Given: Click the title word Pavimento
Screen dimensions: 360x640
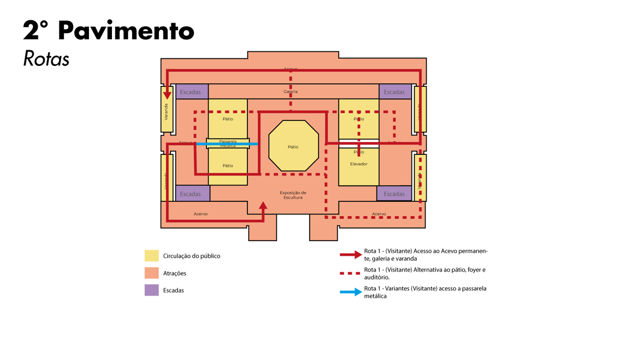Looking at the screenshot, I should point(125,31).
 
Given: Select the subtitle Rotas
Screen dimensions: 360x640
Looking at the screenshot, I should point(46,59).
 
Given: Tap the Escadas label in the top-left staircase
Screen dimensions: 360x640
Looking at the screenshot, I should point(190,92).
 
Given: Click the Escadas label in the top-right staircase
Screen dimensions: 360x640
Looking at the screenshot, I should point(394,92).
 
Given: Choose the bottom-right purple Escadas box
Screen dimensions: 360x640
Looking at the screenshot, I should point(394,194).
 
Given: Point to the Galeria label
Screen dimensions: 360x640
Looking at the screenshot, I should point(291,92).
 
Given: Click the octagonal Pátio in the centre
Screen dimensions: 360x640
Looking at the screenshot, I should point(293,147).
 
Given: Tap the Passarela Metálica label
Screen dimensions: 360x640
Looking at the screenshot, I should point(228,143).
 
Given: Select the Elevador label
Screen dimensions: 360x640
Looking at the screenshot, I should point(359,164).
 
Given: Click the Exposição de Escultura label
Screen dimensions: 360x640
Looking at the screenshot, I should point(293,195).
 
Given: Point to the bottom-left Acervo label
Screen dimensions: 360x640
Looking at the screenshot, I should point(201,214).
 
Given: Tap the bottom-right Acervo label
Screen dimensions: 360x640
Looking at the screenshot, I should point(379,214).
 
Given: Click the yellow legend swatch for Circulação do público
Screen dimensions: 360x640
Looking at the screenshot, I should point(152,256).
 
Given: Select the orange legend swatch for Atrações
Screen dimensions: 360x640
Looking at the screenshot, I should point(152,273).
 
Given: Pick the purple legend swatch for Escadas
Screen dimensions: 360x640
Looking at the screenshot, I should point(152,290).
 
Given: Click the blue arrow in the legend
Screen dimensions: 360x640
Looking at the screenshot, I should point(350,292).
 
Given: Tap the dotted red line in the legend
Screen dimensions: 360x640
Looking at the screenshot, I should point(350,273).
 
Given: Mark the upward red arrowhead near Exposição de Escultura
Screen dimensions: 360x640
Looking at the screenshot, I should point(263,206).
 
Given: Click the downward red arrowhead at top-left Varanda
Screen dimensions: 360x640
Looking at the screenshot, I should point(167,95).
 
